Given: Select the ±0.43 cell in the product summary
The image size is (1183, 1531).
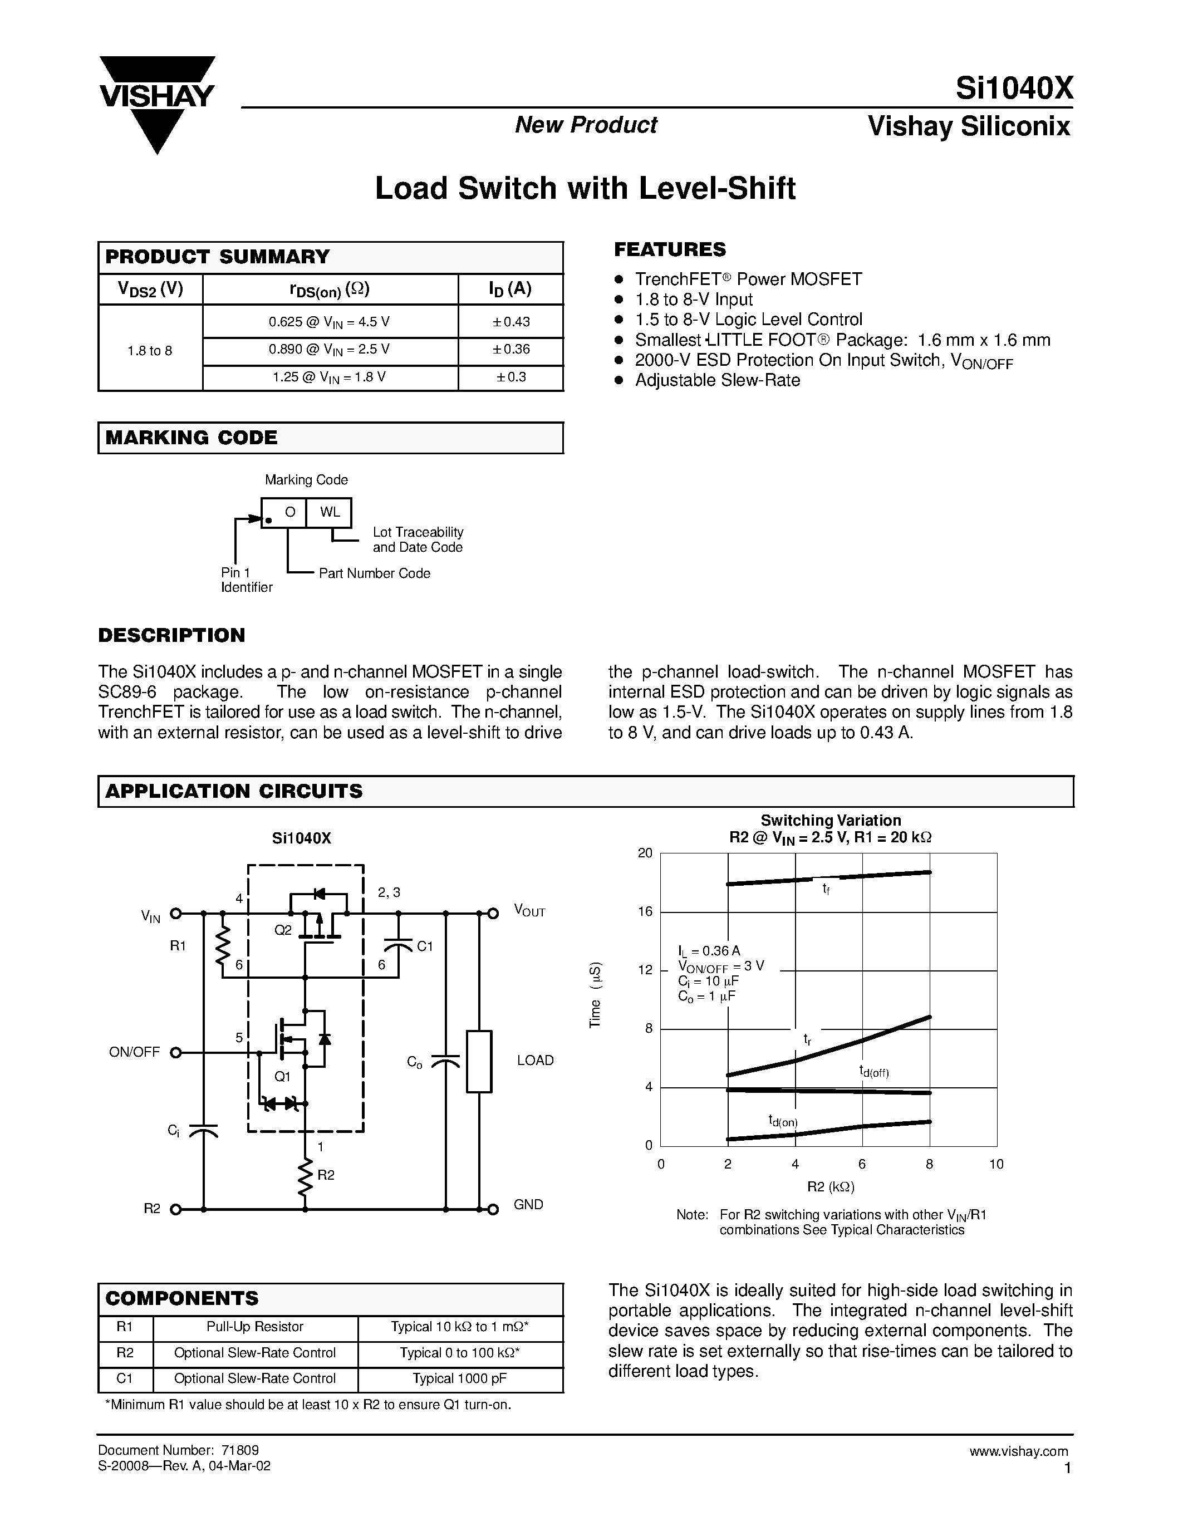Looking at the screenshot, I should (x=511, y=322).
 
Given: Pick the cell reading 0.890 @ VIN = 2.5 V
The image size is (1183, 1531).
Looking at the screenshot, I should (x=330, y=349).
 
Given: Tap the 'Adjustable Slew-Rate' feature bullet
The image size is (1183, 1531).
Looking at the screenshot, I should (x=717, y=381).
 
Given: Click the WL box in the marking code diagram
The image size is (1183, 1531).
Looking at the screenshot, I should (x=330, y=512).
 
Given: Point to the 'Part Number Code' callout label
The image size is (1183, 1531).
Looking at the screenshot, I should (x=374, y=573).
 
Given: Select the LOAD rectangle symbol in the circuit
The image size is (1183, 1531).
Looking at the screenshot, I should (x=479, y=1061).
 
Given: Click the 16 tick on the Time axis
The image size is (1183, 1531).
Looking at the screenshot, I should (x=645, y=911).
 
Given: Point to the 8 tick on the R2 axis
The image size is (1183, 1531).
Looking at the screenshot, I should (x=929, y=1164).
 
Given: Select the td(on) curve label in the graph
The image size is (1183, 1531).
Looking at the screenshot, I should (x=782, y=1121).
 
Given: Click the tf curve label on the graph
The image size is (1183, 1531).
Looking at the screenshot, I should (x=826, y=890).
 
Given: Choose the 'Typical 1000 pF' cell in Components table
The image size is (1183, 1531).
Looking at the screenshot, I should (x=460, y=1378).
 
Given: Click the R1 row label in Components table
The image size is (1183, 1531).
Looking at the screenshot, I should (x=125, y=1326).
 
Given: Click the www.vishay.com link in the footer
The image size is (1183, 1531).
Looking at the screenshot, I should (x=1018, y=1451).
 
